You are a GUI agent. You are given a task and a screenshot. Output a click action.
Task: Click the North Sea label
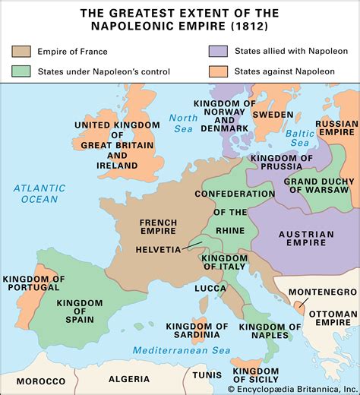(x=183, y=123)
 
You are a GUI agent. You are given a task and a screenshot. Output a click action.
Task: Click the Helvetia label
(x=158, y=249)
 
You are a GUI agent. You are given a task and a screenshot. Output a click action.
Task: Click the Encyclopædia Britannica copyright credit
(x=303, y=389)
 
